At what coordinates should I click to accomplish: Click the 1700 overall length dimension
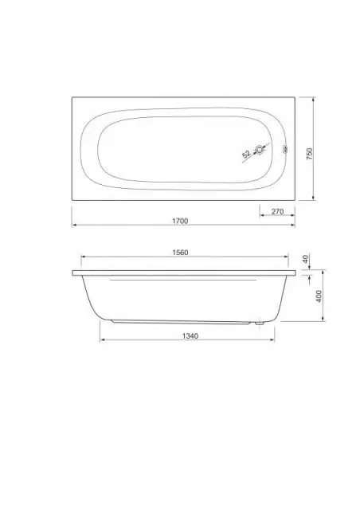(180, 221)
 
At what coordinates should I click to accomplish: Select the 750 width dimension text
(309, 154)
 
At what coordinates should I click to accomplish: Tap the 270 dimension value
(277, 211)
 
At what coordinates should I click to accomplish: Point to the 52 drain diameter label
(246, 154)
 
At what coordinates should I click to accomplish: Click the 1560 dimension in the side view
(180, 253)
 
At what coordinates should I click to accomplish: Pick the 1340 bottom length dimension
(190, 336)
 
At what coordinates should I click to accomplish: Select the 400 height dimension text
(319, 296)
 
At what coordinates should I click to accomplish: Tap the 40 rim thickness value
(305, 259)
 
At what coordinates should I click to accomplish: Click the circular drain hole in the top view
(260, 150)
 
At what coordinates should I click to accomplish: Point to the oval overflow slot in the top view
(285, 150)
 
